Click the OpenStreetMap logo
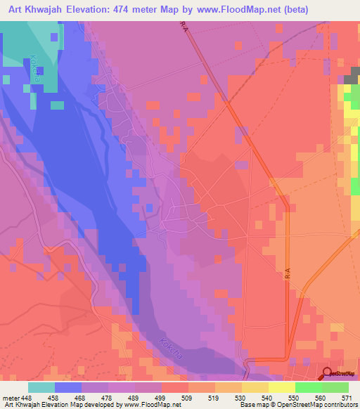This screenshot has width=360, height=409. pos(339,375)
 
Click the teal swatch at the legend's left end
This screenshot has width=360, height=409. pos(41,387)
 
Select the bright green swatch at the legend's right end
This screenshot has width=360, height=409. pos(335,387)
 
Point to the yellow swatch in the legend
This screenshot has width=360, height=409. pos(281,387)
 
